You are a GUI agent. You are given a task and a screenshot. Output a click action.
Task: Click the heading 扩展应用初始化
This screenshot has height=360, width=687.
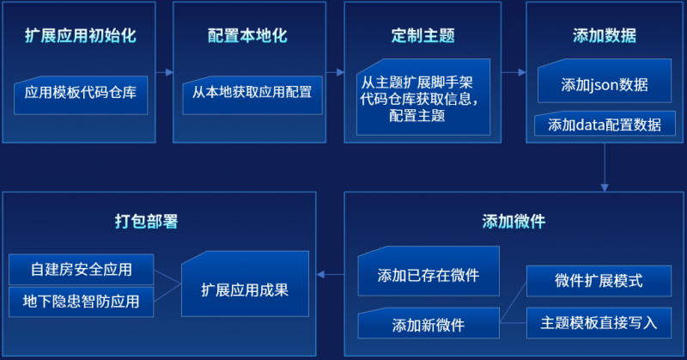81,36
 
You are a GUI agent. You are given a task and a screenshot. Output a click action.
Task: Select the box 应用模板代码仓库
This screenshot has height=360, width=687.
81,95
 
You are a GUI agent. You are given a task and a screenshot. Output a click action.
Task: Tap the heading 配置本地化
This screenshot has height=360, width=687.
247,36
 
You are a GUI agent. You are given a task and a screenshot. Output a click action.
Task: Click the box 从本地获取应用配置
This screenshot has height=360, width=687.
252,95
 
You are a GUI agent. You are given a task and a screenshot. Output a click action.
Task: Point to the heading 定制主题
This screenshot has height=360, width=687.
423,36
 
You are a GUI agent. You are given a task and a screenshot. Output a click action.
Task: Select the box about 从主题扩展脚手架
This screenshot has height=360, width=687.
423,97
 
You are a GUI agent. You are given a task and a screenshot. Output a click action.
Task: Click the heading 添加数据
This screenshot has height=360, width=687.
605,36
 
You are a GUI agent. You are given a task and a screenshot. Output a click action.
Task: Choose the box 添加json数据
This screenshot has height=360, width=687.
605,81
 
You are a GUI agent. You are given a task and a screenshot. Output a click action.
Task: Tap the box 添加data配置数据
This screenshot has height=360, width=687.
605,124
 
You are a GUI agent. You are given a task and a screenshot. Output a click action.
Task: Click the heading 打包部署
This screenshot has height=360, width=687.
146,222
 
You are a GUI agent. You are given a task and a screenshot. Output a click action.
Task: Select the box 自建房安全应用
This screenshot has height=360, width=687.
81,270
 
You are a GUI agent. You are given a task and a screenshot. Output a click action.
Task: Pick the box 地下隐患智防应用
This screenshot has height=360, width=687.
81,302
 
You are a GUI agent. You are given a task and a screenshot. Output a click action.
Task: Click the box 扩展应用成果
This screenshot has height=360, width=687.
245,284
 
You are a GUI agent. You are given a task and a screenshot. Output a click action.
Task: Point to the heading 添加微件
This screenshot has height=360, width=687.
514,222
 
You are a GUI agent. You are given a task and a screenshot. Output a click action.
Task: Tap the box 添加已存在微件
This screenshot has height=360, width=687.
429,271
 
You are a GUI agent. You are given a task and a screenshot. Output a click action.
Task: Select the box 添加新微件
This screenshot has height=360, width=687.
429,323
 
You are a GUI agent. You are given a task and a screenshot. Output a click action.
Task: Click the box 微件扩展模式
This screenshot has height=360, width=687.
599,281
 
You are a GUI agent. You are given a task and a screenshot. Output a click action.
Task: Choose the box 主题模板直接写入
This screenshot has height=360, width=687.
599,323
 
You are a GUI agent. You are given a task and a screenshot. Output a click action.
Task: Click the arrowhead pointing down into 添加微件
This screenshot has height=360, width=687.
605,187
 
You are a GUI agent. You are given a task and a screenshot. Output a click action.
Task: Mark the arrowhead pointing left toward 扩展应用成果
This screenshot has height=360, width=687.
320,274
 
